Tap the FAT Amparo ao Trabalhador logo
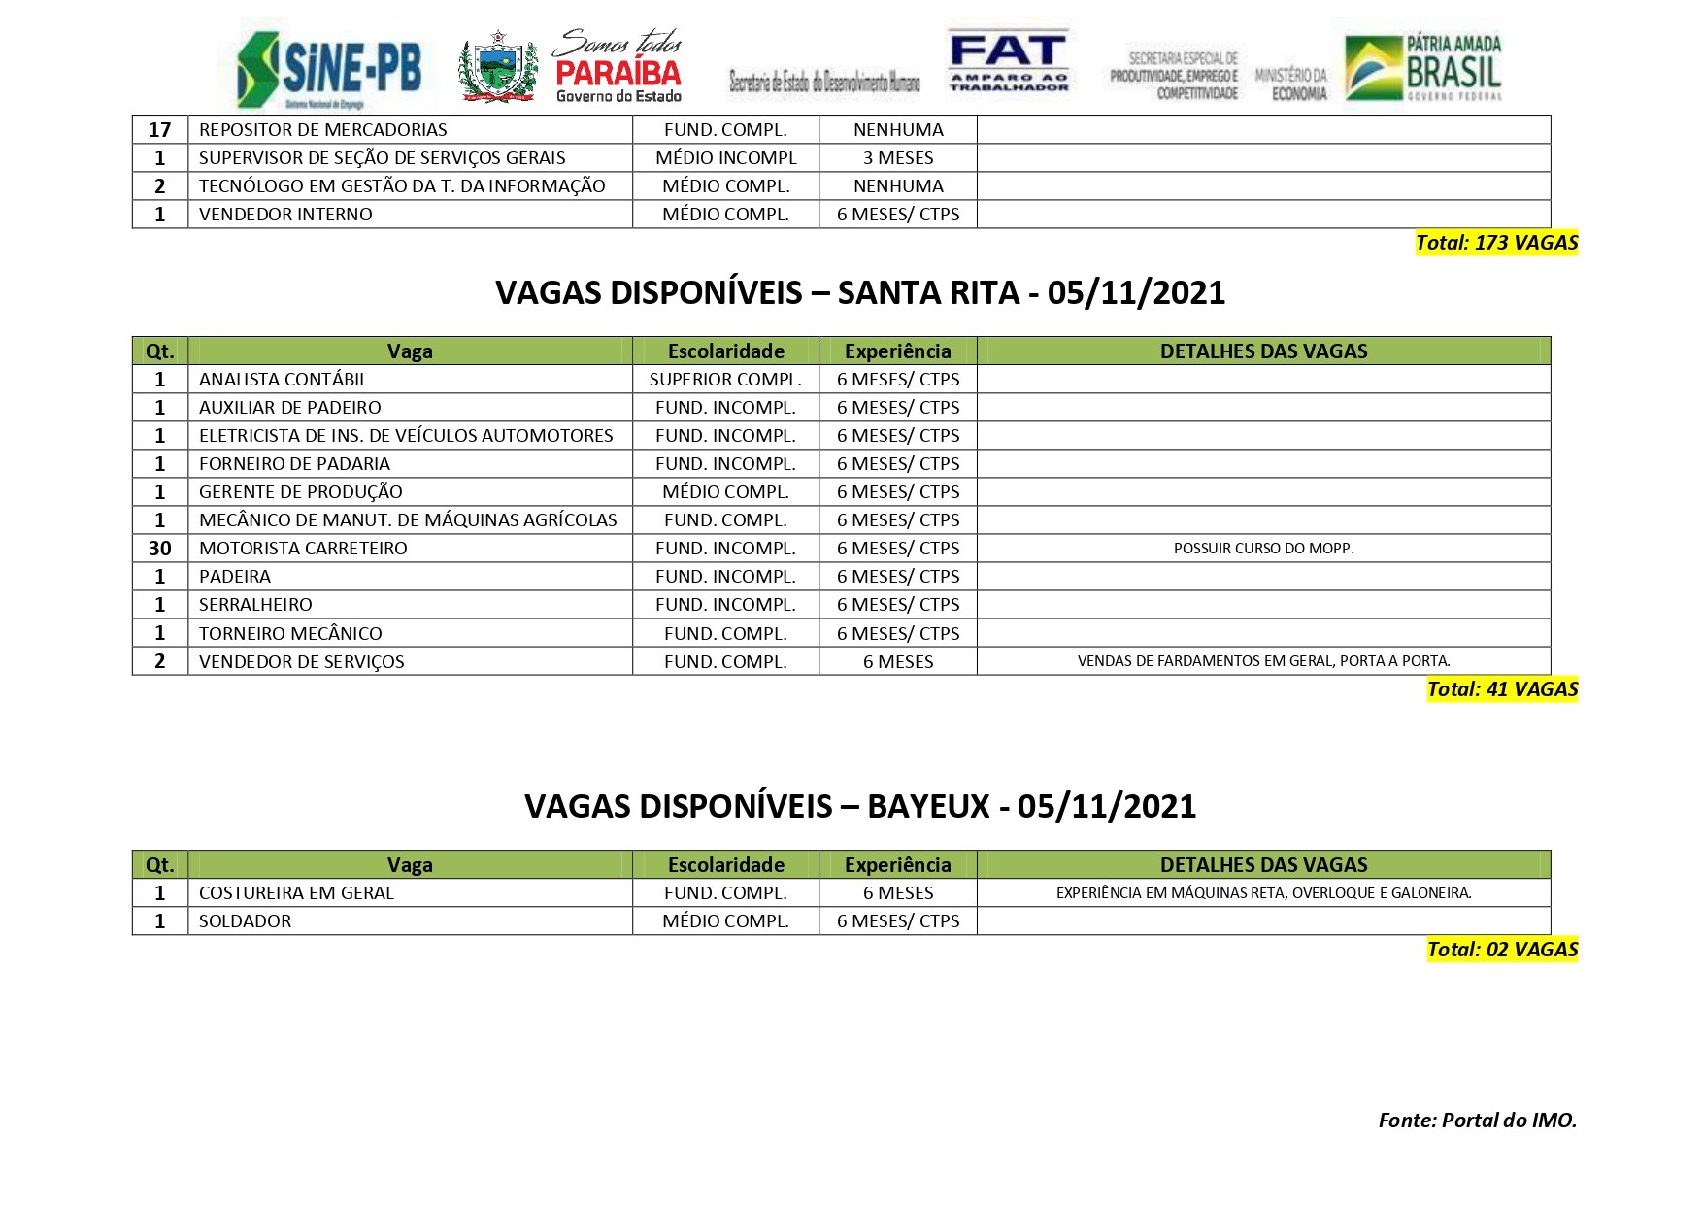[1009, 61]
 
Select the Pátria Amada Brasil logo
[1423, 67]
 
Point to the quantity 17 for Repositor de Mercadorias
[160, 130]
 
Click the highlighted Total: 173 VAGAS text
[1496, 243]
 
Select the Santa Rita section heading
[860, 292]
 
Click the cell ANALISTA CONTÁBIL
[284, 380]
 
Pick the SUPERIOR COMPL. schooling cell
[725, 380]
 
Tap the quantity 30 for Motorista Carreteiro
[160, 549]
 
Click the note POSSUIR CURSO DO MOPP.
[1263, 549]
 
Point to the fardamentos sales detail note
[1263, 661]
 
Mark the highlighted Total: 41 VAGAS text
[1502, 689]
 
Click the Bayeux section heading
[860, 806]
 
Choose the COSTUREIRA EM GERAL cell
[296, 893]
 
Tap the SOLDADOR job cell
[245, 921]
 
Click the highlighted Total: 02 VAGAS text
[1502, 950]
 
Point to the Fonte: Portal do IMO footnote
[1477, 1121]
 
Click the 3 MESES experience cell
[898, 158]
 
